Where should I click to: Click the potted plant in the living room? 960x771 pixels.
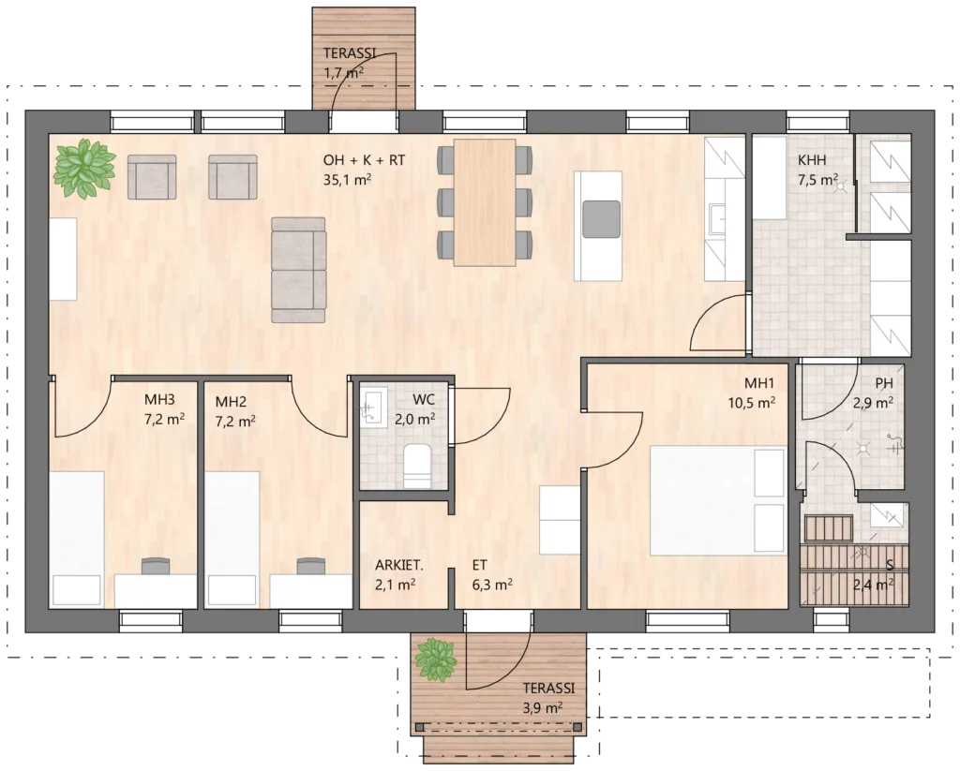point(83,169)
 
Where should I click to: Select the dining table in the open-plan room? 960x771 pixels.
point(485,202)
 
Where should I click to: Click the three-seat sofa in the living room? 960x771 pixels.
point(298,269)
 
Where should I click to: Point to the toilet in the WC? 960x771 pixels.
point(418,467)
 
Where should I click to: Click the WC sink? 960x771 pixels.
point(373,407)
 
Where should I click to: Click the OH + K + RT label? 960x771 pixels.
point(364,160)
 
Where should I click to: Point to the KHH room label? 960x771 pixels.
point(812,160)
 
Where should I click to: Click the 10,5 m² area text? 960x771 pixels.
point(752,403)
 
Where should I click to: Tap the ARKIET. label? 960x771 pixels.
point(399,566)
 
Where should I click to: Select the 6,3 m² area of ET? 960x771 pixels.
point(492,585)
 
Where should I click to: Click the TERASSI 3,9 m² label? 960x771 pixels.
point(548,698)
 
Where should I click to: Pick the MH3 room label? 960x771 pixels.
point(159,400)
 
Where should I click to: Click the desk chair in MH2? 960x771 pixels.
point(311,565)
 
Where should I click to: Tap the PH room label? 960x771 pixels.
point(883,384)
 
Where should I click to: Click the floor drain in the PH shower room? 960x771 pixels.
point(863,448)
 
